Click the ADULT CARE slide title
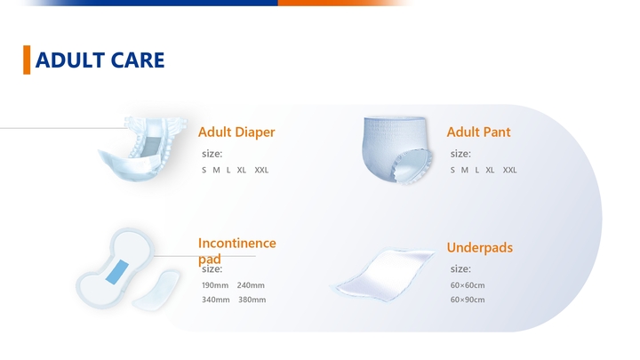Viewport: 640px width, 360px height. coord(99,60)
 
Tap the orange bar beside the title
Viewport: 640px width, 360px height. coord(27,60)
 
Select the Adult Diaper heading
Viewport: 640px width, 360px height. coord(236,132)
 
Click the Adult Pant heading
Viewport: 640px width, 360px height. coord(478,132)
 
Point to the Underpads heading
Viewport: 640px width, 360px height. coord(479,248)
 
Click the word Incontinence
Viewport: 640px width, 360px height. coord(236,243)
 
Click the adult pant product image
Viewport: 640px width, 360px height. coord(396,148)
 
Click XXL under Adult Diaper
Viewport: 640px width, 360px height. coord(261,170)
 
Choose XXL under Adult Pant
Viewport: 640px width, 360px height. coord(509,170)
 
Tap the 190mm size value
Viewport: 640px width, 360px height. coord(215,285)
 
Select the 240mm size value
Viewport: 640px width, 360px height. coord(251,285)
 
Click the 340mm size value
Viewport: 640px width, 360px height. coord(215,300)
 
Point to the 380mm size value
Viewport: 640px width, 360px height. coord(252,300)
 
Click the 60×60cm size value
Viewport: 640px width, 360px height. coord(468,285)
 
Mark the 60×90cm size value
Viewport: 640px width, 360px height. coord(468,300)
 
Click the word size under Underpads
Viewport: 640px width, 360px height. coord(460,268)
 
